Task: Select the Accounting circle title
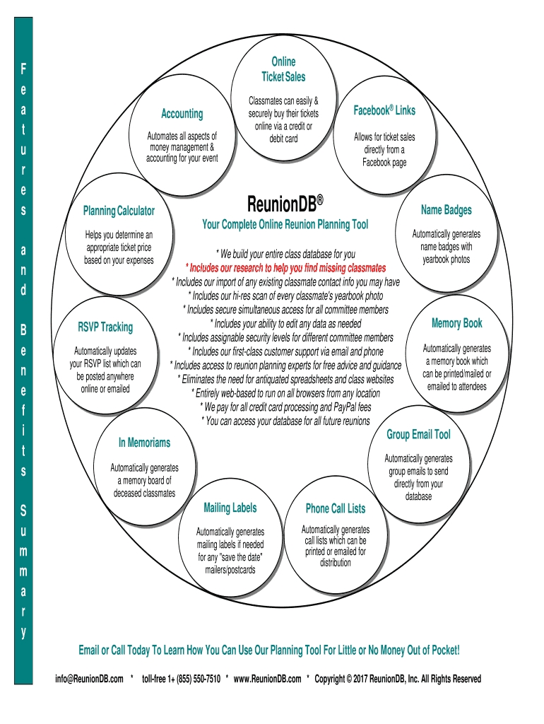coord(182,114)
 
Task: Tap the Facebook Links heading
coord(384,110)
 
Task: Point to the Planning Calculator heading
coord(119,211)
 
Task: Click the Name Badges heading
coord(446,210)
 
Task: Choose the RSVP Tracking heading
coord(105,327)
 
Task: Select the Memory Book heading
coord(456,323)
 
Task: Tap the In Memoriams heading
coord(144,443)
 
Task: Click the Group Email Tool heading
coord(418,434)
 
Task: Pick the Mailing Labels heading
coord(230,508)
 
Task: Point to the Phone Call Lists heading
coord(336,508)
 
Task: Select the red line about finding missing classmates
coord(285,268)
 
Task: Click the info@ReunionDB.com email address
coord(89,679)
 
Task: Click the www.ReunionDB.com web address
coord(266,679)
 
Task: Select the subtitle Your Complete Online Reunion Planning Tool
coord(285,225)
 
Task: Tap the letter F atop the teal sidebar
coord(23,69)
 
